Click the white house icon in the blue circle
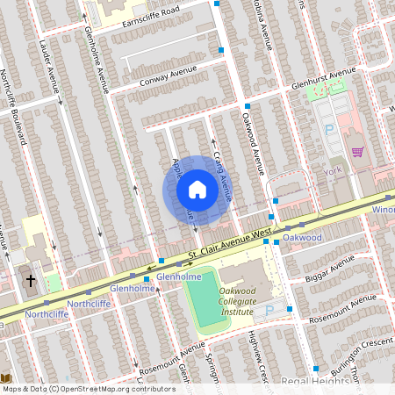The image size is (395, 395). (x=197, y=190)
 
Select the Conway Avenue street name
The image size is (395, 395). (x=164, y=80)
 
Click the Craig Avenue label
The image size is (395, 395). (x=222, y=176)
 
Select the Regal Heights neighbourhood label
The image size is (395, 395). (x=313, y=381)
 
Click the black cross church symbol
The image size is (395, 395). (x=31, y=282)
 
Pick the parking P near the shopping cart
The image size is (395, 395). (x=330, y=129)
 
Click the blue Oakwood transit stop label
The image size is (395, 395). (x=302, y=238)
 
